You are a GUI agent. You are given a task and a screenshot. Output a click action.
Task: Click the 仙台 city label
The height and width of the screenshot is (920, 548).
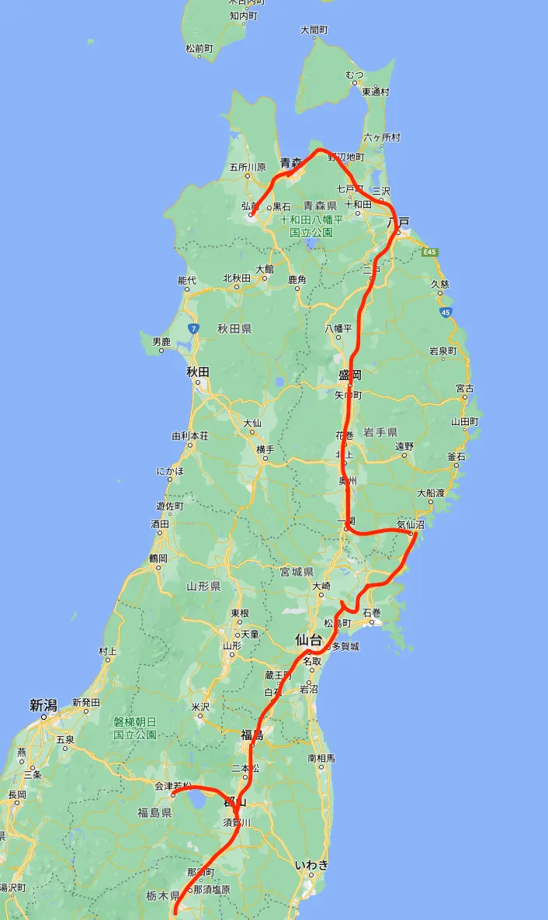coord(307,640)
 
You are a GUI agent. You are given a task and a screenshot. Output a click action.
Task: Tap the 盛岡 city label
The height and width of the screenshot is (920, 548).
coord(350,375)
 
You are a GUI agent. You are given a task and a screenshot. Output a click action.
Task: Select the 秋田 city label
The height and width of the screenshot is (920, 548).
coord(198,372)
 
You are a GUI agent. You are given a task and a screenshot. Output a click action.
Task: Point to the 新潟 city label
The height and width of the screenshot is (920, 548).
coord(43,705)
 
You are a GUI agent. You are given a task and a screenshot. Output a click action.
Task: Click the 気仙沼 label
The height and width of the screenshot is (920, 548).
coord(412,524)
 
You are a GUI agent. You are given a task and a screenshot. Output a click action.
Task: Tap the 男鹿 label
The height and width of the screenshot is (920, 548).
coord(161,341)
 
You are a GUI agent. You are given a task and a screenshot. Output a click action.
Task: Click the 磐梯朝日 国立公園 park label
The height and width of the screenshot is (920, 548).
coord(135,728)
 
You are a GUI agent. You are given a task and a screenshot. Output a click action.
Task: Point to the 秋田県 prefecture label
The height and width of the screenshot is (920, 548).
coord(234,329)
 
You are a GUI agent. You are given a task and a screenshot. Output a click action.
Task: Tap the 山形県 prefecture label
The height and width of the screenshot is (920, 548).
coord(203,586)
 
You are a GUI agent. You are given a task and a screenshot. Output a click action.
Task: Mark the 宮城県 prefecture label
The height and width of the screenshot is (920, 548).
coord(297,572)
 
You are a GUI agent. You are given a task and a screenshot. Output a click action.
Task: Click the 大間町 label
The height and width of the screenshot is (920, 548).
coord(314,30)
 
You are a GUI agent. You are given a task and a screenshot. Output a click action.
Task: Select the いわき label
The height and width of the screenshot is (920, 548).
coord(312,864)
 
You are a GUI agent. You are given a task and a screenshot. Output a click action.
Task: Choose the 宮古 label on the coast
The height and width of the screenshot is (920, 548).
coord(465,388)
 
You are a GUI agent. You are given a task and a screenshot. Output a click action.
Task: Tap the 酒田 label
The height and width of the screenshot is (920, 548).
coord(160,524)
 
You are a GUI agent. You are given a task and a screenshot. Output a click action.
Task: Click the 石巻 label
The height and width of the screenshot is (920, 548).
coord(373,613)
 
